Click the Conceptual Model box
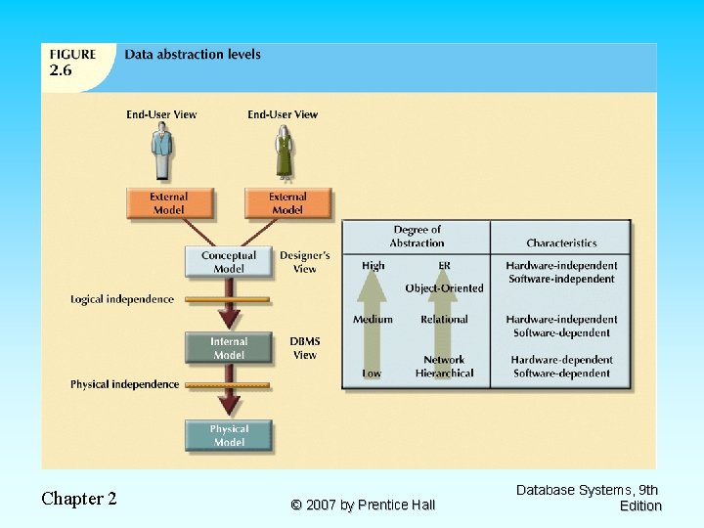229,262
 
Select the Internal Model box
229,348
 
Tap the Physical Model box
229,436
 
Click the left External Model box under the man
168,203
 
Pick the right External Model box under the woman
287,203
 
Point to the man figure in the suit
161,153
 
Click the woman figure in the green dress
284,154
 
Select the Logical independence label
122,299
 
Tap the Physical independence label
124,384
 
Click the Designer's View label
305,262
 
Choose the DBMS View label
305,348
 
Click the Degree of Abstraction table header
417,237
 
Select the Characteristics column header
561,242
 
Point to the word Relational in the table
444,319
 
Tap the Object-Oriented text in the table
444,288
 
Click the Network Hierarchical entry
444,367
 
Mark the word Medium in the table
373,319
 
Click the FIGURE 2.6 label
74,63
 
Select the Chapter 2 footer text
79,499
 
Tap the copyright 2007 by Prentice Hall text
363,505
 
